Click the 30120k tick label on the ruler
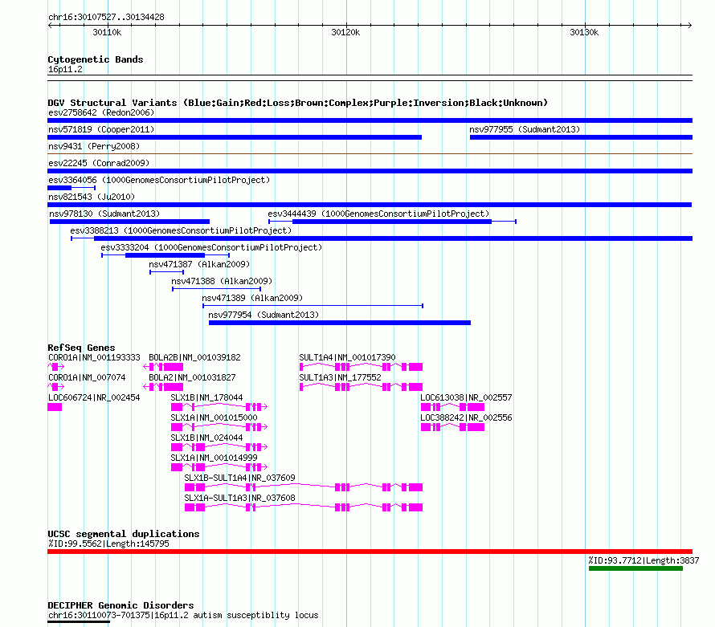[345, 32]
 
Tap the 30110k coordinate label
[107, 32]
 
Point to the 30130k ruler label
[584, 32]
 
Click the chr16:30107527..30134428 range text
[106, 17]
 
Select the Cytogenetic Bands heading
[96, 59]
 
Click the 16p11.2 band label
[65, 69]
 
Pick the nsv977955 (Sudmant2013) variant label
[525, 129]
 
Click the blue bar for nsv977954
[340, 323]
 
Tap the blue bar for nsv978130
[129, 222]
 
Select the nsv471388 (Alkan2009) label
[222, 281]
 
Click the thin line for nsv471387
[166, 272]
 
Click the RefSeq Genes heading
[82, 348]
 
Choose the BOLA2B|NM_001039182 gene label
[194, 357]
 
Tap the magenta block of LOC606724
[55, 407]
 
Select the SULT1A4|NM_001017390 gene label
[348, 357]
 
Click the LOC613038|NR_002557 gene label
[466, 397]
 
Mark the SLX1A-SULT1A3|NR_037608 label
[240, 498]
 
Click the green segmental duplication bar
[635, 568]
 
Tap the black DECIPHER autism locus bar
[79, 621]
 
